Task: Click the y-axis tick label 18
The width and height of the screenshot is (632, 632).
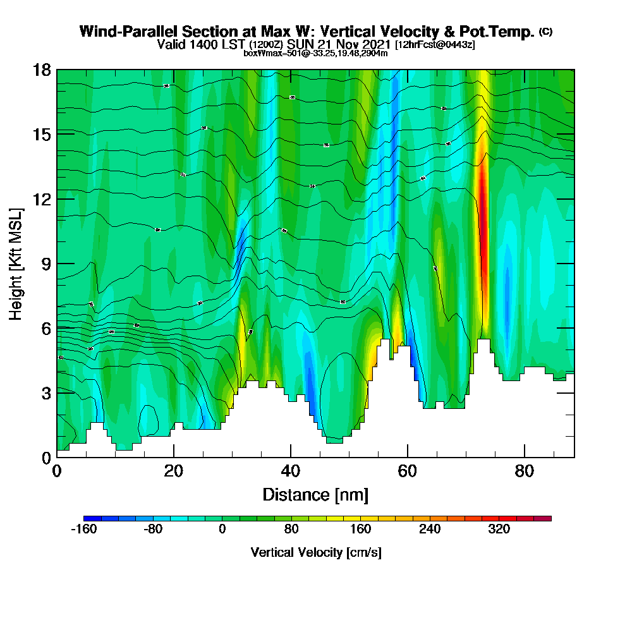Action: pyautogui.click(x=42, y=70)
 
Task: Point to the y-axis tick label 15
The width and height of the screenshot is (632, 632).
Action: pyautogui.click(x=42, y=135)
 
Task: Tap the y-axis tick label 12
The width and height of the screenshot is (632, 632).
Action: pyautogui.click(x=42, y=199)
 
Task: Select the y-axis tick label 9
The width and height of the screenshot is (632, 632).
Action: pyautogui.click(x=46, y=264)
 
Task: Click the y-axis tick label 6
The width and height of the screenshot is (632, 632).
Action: pyautogui.click(x=46, y=328)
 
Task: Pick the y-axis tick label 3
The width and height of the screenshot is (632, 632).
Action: pyautogui.click(x=46, y=393)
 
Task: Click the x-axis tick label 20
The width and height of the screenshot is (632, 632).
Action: pyautogui.click(x=174, y=471)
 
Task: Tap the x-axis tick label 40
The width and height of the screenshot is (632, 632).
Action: pyautogui.click(x=291, y=471)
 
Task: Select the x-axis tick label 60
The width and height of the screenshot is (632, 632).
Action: pyautogui.click(x=408, y=471)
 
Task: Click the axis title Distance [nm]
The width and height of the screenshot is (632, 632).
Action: pyautogui.click(x=315, y=494)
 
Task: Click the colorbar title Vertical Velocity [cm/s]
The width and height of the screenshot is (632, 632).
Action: pyautogui.click(x=316, y=552)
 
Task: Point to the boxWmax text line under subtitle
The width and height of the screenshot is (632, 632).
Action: pyautogui.click(x=315, y=53)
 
